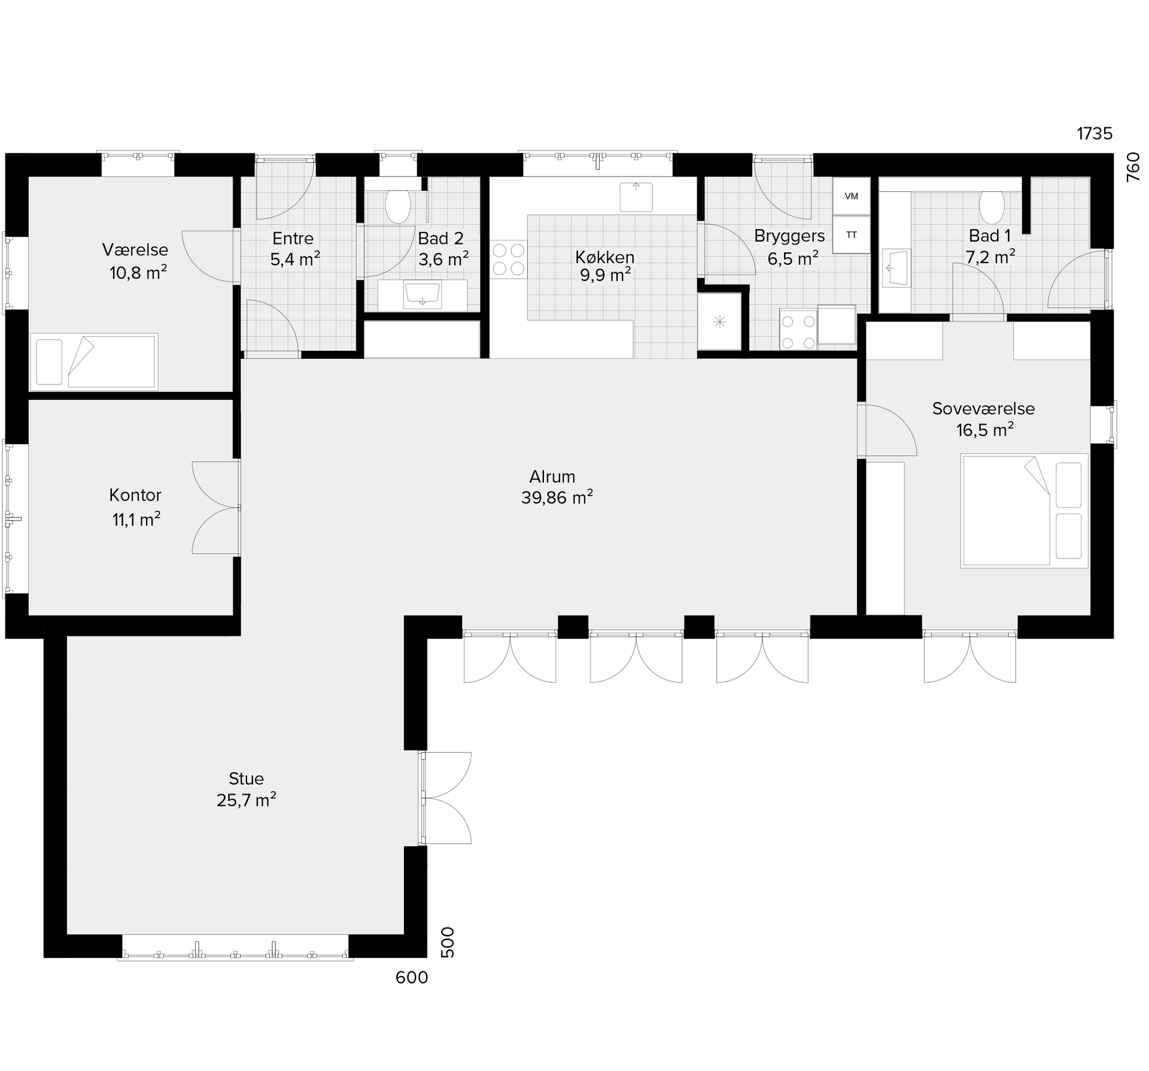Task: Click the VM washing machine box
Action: [x=851, y=196]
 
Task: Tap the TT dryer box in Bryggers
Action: [x=851, y=235]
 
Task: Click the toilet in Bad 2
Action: [x=397, y=206]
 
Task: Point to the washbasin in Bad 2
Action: [x=422, y=294]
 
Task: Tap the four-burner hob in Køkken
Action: [x=508, y=259]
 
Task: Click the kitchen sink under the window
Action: [x=636, y=197]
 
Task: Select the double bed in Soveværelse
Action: [x=1024, y=510]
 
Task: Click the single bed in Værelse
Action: [x=94, y=362]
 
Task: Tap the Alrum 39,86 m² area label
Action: [x=557, y=487]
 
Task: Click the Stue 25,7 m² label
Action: [x=246, y=789]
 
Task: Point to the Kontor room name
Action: [x=135, y=495]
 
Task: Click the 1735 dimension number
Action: [x=1095, y=133]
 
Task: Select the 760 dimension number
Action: [x=1133, y=167]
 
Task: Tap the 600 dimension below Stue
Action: [x=412, y=978]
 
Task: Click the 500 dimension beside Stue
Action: [x=448, y=942]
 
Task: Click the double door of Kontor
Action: [x=216, y=508]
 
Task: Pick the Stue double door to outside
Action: [x=446, y=798]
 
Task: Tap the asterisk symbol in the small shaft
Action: [x=719, y=322]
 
